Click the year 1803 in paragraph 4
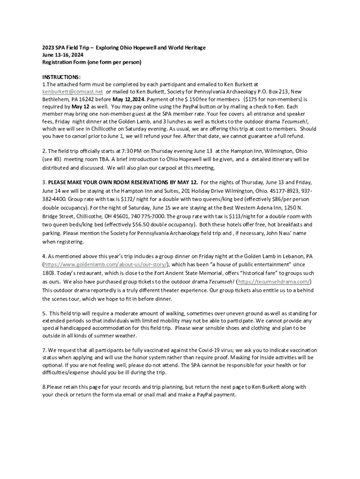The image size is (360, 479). (x=49, y=273)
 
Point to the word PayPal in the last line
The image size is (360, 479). (x=211, y=394)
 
